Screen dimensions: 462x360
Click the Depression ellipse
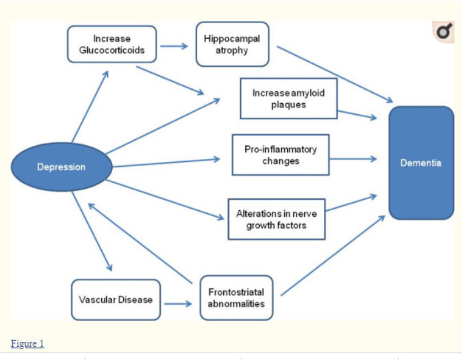point(61,167)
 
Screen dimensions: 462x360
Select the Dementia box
point(421,163)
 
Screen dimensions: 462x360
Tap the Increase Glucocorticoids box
point(112,44)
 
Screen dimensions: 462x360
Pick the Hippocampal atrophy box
point(232,44)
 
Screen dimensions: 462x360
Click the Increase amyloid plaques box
point(288,99)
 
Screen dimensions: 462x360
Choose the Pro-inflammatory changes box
point(281,155)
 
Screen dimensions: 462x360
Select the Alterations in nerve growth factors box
point(276,219)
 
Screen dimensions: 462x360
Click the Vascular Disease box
point(116,300)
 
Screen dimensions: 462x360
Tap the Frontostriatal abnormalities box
point(237,298)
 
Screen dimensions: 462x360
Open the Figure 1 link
point(28,343)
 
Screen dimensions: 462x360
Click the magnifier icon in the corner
point(444,31)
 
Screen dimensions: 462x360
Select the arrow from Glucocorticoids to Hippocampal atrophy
point(174,46)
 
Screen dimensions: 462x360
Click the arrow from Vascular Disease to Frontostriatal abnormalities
point(178,304)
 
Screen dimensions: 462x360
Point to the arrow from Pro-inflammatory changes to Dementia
point(353,159)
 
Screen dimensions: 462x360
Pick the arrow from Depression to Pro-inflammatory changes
point(166,163)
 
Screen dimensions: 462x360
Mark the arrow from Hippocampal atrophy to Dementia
point(335,75)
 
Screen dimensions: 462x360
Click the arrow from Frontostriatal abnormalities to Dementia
point(333,255)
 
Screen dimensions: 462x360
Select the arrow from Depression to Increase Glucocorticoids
point(90,106)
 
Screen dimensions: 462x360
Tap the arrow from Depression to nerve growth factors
point(165,200)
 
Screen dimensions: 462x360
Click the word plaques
point(288,105)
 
